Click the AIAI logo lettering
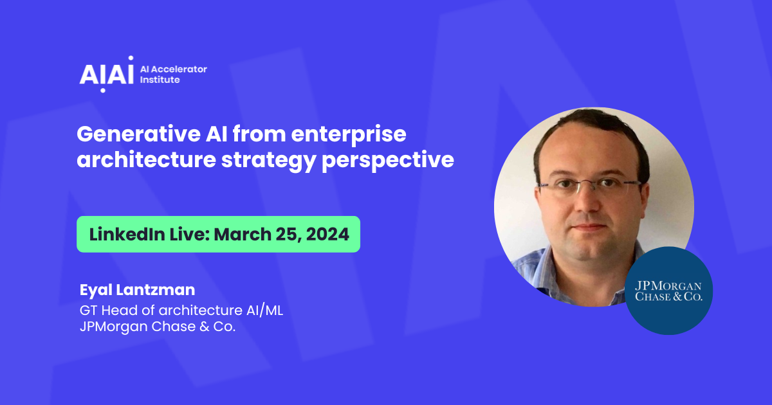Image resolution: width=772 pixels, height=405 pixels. tap(107, 74)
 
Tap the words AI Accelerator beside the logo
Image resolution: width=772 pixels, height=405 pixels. tap(173, 69)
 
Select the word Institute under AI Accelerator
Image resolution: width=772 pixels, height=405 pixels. tap(160, 80)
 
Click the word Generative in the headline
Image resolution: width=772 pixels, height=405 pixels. tap(138, 134)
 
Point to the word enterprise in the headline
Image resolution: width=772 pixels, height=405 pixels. tap(349, 135)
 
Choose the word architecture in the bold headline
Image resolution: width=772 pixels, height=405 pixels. tap(147, 160)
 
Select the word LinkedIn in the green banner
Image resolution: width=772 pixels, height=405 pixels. tap(127, 234)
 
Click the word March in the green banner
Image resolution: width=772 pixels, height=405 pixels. tap(243, 234)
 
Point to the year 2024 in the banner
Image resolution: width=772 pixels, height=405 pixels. tap(327, 234)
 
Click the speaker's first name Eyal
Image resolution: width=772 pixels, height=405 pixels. tap(96, 291)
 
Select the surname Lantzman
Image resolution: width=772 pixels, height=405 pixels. tap(156, 290)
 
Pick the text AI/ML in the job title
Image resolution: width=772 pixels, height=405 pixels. tap(264, 310)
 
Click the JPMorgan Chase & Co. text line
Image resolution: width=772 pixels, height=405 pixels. tap(158, 327)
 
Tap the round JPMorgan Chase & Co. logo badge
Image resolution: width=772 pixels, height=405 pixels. tap(668, 291)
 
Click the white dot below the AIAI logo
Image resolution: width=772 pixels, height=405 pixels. tap(103, 90)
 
